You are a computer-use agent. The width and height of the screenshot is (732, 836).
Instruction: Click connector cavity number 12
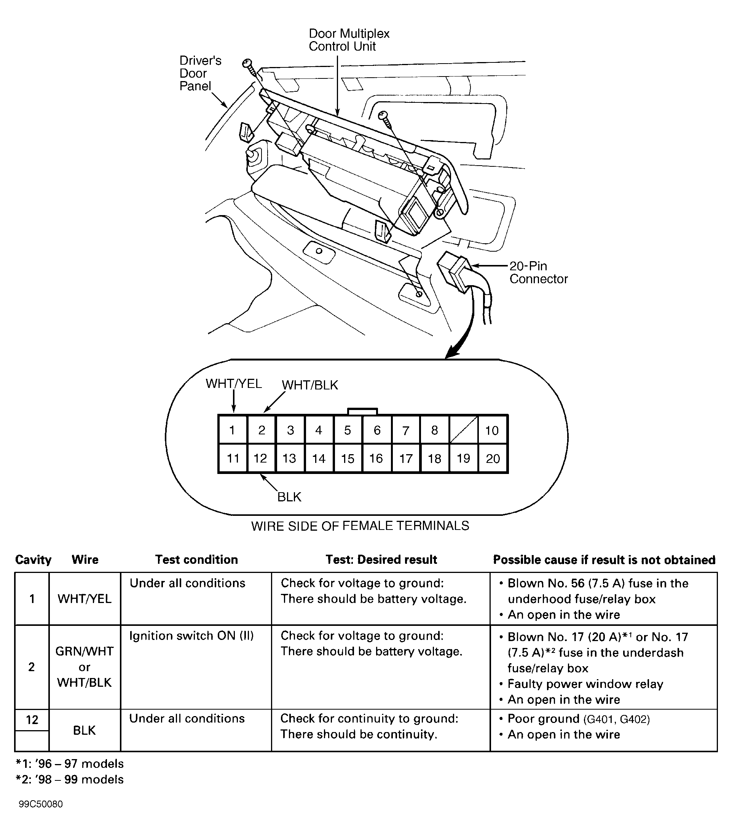point(261,458)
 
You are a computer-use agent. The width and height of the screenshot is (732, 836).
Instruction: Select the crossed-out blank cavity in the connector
point(463,430)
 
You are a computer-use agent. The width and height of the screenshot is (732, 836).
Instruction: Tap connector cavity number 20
point(493,458)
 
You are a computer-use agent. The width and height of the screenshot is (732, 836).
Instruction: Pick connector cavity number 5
point(348,430)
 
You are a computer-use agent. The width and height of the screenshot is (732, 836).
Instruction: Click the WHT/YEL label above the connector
point(233,384)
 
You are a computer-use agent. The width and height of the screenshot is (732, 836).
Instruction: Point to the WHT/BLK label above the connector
point(310,385)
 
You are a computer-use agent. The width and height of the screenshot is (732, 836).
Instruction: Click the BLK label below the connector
point(289,497)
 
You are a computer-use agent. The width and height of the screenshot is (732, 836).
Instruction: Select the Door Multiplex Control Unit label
point(349,40)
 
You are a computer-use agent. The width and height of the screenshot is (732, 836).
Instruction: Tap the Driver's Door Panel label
point(200,73)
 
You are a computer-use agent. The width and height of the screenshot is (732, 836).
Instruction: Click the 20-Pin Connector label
point(538,273)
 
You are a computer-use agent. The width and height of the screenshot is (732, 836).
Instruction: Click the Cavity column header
point(33,560)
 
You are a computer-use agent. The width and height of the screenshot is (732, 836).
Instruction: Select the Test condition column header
point(196,560)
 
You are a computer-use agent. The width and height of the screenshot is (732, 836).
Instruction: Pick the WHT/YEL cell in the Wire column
point(85,599)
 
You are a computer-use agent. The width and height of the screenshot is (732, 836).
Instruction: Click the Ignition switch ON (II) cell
point(191,636)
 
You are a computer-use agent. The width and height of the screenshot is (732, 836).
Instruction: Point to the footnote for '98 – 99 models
point(69,780)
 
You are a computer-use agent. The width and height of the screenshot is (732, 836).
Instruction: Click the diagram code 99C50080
point(40,804)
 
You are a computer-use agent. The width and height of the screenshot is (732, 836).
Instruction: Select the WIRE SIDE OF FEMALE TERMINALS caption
point(360,526)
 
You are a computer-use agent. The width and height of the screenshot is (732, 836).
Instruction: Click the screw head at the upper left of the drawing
point(247,63)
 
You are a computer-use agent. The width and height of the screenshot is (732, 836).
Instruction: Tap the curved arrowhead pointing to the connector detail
point(451,353)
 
